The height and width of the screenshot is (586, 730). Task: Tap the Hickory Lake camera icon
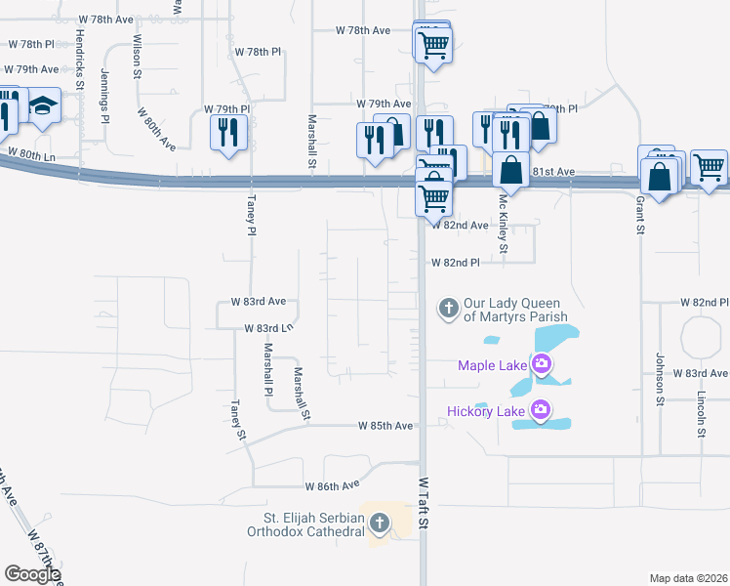tap(541, 411)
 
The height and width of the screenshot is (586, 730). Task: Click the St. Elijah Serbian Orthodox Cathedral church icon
tap(380, 525)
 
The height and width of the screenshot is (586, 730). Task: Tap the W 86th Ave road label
tap(333, 485)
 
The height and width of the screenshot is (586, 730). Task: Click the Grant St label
tap(641, 215)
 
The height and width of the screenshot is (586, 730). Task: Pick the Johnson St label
tap(660, 379)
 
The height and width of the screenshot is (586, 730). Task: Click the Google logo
tap(32, 574)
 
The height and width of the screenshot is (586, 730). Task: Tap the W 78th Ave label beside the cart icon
tap(363, 30)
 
